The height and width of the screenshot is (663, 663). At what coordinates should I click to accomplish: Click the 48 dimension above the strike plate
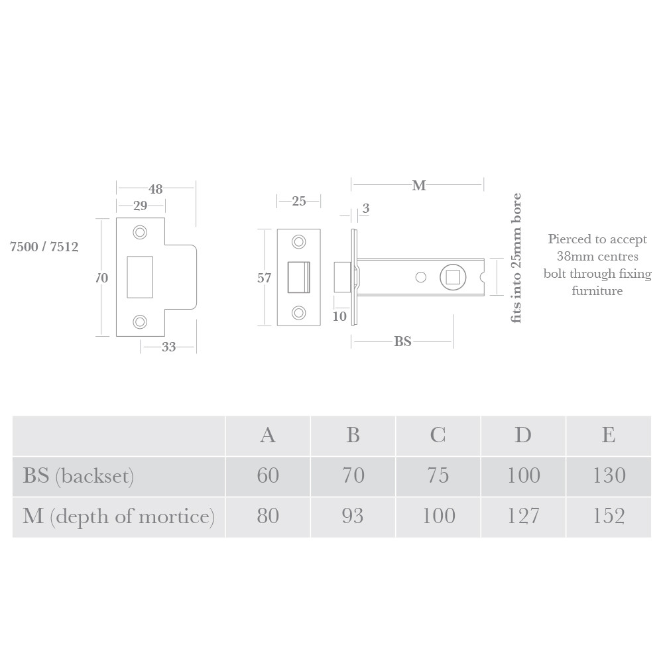(x=155, y=189)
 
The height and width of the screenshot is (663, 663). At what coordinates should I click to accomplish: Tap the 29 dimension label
(x=140, y=206)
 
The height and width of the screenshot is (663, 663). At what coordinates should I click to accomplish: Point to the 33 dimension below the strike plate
(x=168, y=347)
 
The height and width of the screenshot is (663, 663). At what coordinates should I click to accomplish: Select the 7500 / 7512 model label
(x=44, y=247)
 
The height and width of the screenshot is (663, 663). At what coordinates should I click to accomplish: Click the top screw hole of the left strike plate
(x=140, y=232)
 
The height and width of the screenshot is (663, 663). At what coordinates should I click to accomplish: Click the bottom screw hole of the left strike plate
(x=140, y=322)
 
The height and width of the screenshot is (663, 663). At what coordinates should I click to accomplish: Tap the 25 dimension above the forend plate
(x=299, y=201)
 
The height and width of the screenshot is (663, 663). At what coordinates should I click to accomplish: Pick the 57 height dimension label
(x=264, y=278)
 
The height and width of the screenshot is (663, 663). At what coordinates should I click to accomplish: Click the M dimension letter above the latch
(x=418, y=186)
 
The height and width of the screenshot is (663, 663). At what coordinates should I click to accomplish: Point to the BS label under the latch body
(x=402, y=342)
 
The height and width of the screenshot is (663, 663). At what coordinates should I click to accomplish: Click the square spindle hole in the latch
(x=452, y=276)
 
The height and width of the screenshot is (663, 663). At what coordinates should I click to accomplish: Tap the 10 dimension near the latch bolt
(x=339, y=317)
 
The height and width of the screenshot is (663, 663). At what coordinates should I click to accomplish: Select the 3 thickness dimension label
(x=366, y=209)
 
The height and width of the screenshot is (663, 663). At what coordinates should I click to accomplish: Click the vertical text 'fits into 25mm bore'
(x=517, y=259)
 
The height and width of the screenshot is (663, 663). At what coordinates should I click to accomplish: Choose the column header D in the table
(x=522, y=435)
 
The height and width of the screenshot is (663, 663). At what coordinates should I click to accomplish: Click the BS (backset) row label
(x=78, y=476)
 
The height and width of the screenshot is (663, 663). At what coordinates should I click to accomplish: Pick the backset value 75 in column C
(x=438, y=475)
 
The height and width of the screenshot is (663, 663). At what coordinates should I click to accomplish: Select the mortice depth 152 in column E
(x=608, y=516)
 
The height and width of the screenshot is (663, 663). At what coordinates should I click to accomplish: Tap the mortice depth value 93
(x=353, y=516)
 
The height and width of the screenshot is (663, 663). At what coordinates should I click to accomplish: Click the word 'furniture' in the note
(x=597, y=290)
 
